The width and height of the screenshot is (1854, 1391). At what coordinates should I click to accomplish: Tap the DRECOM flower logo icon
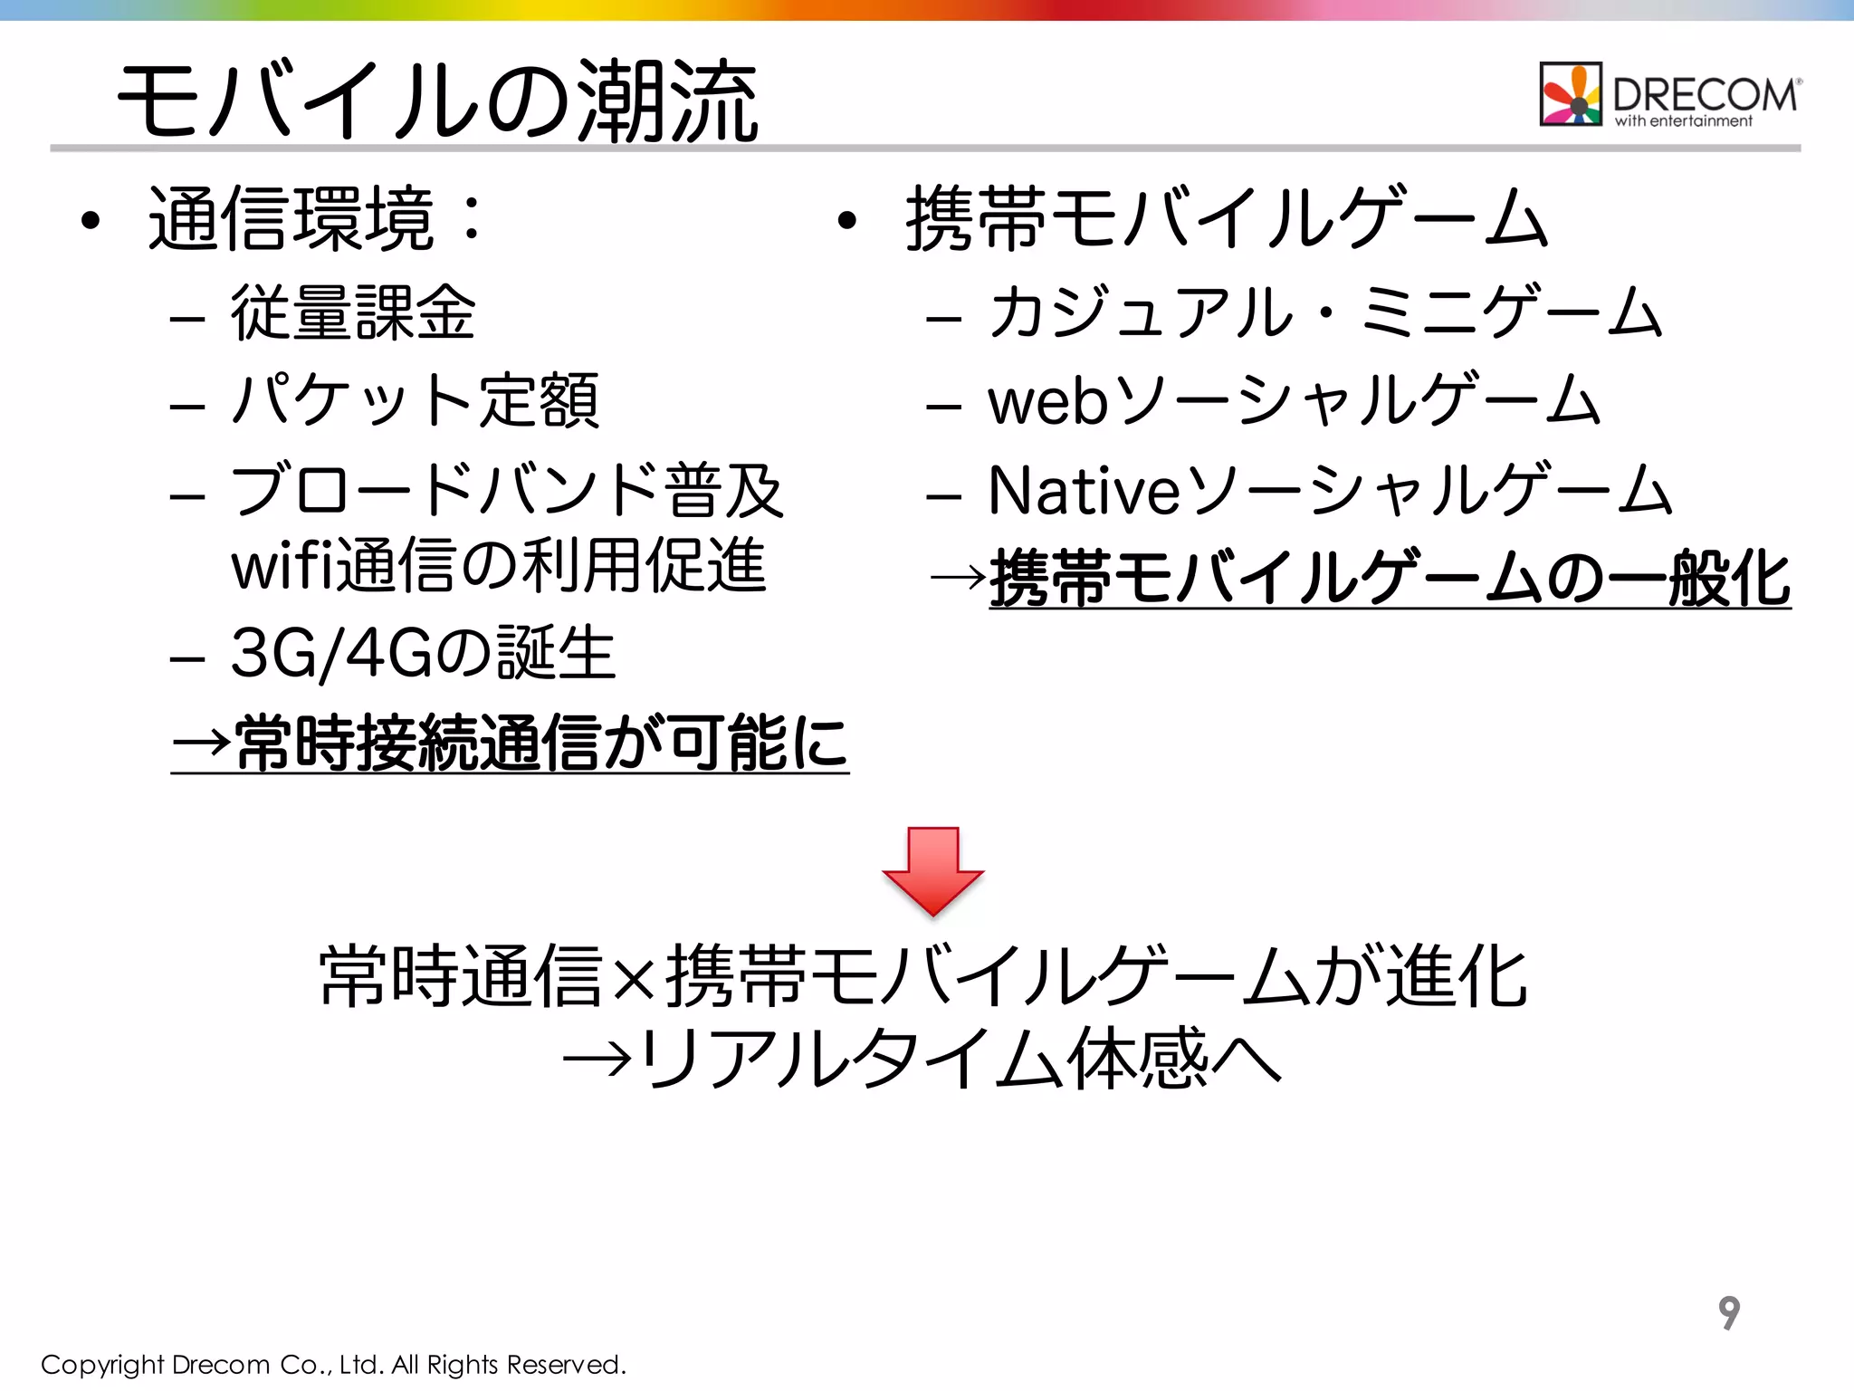pos(1571,94)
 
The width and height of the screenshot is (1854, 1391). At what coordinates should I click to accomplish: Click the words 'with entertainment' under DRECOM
pos(1683,121)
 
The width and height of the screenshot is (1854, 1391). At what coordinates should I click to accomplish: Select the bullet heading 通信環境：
pos(316,218)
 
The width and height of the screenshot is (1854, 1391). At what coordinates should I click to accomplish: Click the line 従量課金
pos(353,312)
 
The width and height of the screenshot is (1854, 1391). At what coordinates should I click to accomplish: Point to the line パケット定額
pos(415,400)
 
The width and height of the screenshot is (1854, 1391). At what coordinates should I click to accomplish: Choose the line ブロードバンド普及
pos(507,490)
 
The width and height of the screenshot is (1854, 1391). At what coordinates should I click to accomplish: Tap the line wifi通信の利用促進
pos(499,565)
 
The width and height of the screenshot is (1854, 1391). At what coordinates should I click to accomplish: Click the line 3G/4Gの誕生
pos(423,653)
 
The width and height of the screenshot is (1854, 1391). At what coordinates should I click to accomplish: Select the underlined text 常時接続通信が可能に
pos(540,743)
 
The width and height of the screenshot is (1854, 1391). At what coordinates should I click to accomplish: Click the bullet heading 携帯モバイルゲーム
pos(1227,218)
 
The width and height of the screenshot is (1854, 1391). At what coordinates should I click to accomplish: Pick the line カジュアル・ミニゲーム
pos(1325,312)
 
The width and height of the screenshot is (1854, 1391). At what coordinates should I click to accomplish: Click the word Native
pos(1084,490)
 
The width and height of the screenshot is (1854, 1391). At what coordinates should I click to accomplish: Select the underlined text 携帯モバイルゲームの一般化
pos(1390,578)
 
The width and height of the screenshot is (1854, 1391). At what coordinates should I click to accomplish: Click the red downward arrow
pos(932,869)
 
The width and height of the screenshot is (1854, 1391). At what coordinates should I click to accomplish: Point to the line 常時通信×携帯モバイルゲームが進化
pos(923,976)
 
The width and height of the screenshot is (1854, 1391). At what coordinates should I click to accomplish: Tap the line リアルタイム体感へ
pos(960,1058)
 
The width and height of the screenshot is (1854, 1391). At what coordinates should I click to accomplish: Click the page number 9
pos(1729,1312)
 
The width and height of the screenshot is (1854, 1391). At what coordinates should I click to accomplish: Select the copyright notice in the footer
pos(334,1365)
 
